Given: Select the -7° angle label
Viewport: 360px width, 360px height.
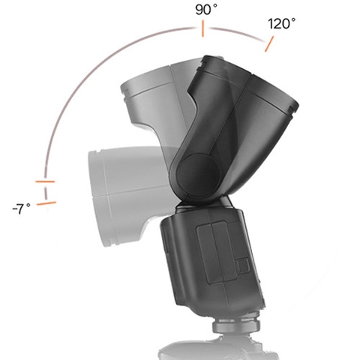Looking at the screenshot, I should click(22, 207).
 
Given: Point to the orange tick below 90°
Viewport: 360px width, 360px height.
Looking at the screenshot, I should click(202, 29).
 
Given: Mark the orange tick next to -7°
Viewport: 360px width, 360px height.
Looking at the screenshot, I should click(46, 202).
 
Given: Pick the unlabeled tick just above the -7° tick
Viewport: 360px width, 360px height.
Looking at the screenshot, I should click(45, 182).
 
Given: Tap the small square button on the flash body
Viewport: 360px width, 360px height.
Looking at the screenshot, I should click(242, 265).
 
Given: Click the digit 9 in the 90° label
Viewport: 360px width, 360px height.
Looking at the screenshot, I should click(199, 10).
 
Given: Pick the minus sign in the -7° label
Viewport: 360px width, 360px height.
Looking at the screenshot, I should click(15, 208).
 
